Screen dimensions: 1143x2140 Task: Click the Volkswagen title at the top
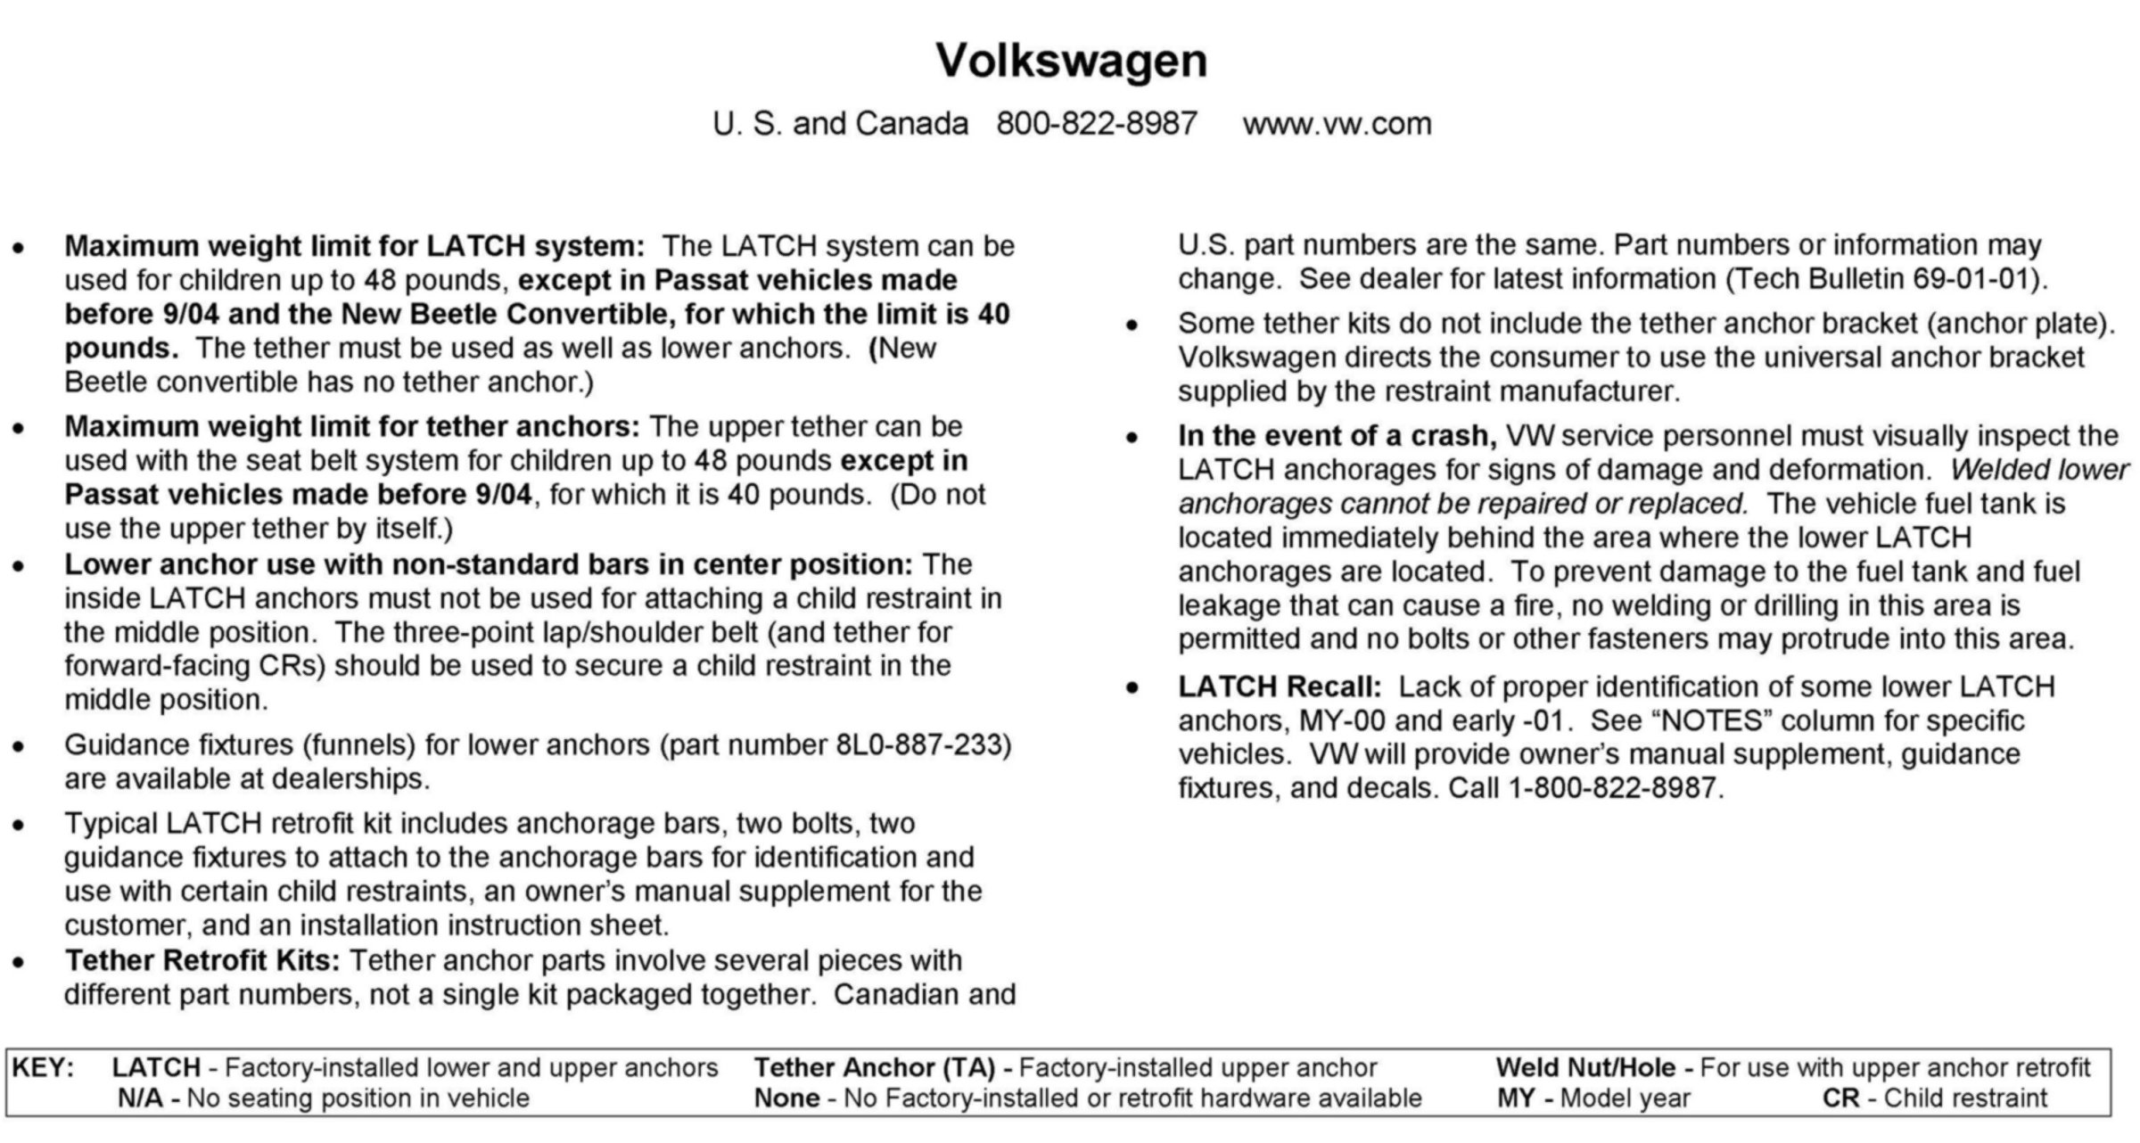[x=1071, y=61]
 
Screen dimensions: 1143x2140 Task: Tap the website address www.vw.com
[x=1337, y=123]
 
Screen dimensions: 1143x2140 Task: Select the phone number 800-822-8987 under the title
[x=1097, y=123]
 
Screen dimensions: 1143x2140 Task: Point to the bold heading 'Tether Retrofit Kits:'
[x=202, y=960]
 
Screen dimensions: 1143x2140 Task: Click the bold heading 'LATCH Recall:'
[x=1280, y=687]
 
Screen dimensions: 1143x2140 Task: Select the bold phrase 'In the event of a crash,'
[x=1337, y=435]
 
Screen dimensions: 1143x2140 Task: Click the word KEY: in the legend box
[x=43, y=1067]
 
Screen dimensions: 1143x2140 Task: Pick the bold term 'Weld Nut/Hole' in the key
[x=1585, y=1067]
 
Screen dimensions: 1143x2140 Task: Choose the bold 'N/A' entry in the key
[x=141, y=1098]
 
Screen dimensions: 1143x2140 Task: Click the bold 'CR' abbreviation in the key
[x=1840, y=1098]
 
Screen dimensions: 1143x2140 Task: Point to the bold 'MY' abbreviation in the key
[x=1516, y=1098]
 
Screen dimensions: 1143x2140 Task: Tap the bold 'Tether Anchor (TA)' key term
[x=875, y=1067]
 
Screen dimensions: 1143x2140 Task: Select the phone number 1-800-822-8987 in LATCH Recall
[x=1612, y=788]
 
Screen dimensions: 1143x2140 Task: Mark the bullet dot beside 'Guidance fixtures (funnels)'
[x=18, y=746]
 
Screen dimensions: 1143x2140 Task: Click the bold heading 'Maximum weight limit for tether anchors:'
[x=352, y=426]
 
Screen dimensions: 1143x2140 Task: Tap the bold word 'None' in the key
[x=786, y=1098]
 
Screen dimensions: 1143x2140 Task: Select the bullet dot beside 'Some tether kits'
[x=1132, y=325]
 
